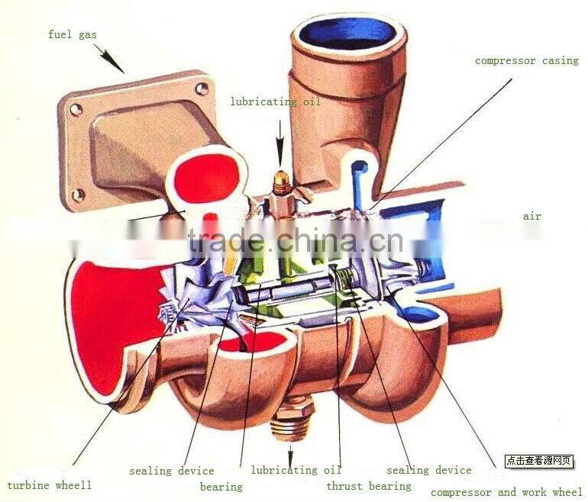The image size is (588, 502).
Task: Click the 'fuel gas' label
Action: pyautogui.click(x=73, y=34)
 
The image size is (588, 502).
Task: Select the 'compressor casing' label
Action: pyautogui.click(x=527, y=60)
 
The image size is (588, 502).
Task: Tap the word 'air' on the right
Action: pyautogui.click(x=531, y=216)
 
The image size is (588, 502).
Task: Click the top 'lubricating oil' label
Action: pyautogui.click(x=276, y=101)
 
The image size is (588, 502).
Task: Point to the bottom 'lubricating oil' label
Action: pyautogui.click(x=296, y=470)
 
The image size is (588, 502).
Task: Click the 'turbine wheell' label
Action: pyautogui.click(x=49, y=484)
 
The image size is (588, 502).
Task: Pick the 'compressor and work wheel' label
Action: pyautogui.click(x=506, y=492)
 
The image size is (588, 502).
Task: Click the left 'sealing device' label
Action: pyautogui.click(x=171, y=471)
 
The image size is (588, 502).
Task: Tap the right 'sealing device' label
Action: pyautogui.click(x=428, y=470)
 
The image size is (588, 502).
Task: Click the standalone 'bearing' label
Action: pyautogui.click(x=221, y=487)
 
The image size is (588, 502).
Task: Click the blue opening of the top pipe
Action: pyautogui.click(x=347, y=33)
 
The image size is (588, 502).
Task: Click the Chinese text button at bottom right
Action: pyautogui.click(x=538, y=461)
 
